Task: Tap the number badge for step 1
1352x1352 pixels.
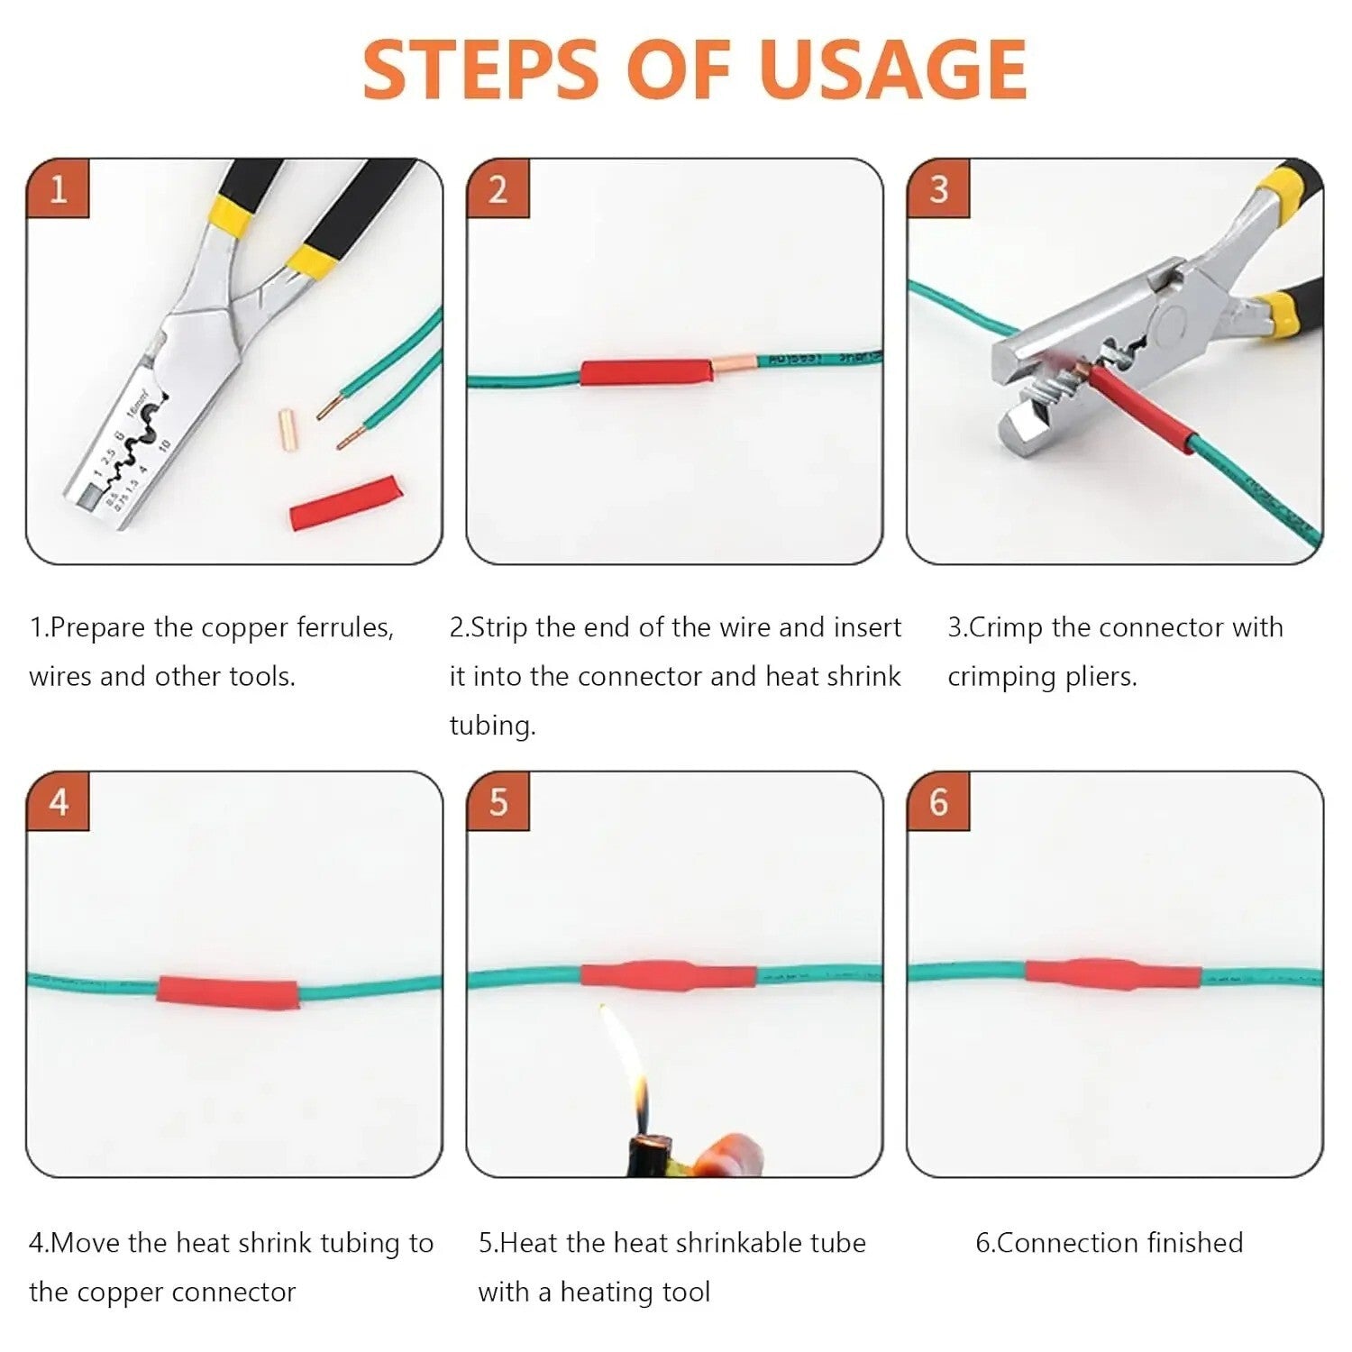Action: [x=58, y=189]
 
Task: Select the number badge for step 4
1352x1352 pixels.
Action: [x=58, y=801]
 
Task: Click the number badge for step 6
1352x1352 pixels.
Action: [x=938, y=801]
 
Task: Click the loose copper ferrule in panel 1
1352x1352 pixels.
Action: [x=288, y=431]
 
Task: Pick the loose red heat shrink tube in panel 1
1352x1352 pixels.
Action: [x=344, y=503]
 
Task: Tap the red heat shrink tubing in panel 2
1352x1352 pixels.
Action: [x=645, y=371]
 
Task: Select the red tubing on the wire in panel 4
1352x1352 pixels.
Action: [x=228, y=992]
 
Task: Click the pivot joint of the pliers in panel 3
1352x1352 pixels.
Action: [x=1173, y=320]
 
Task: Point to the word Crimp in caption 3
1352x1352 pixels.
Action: [x=1005, y=627]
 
